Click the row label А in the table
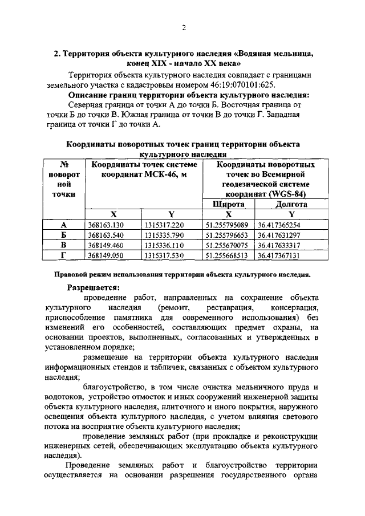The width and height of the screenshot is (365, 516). pyautogui.click(x=64, y=225)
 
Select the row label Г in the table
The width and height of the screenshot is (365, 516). pyautogui.click(x=64, y=255)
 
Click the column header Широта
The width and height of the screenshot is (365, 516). pyautogui.click(x=228, y=204)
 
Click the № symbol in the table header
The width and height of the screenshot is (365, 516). pyautogui.click(x=64, y=164)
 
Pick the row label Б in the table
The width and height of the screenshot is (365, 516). pyautogui.click(x=64, y=235)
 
